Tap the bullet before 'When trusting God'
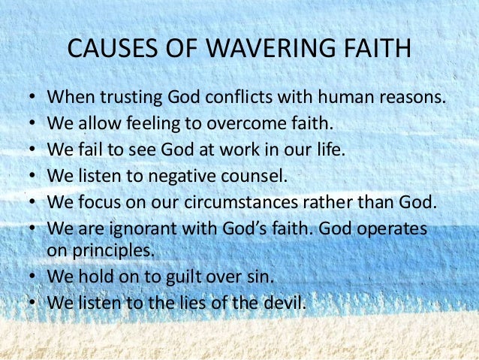click(x=34, y=98)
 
